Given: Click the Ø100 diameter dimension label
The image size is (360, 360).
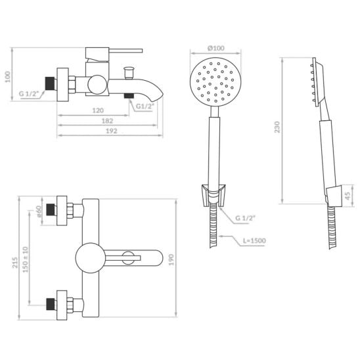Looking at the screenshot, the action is (x=216, y=48).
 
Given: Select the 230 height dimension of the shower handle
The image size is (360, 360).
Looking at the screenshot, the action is (x=277, y=127).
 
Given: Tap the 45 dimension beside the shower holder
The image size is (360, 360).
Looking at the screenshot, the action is (x=348, y=196).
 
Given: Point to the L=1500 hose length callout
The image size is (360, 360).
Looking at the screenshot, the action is (x=254, y=241).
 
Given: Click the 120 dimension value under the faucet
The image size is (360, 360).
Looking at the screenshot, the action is (x=98, y=110).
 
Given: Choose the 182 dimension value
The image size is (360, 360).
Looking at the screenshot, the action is (x=107, y=121).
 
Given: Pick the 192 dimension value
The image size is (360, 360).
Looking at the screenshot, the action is (x=112, y=131).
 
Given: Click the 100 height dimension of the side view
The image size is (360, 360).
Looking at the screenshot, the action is (x=8, y=77).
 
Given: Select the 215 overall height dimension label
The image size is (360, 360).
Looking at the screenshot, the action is (x=15, y=262).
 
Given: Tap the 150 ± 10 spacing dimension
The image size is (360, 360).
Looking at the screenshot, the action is (x=25, y=259).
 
